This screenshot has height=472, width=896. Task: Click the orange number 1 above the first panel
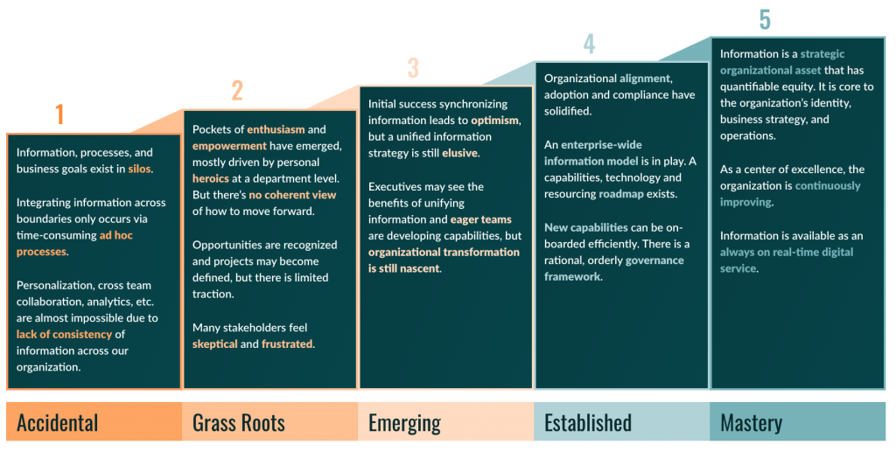pos(59,115)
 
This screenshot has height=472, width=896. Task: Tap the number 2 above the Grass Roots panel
pos(237,90)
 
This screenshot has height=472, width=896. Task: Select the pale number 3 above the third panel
pos(413,68)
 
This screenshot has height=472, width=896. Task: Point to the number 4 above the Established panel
pos(589,44)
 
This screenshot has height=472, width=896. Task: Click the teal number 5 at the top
pos(765,19)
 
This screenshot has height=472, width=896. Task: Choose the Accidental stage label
pos(57,423)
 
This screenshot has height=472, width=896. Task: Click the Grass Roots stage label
pos(238,423)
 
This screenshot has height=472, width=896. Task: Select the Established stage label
pos(588,423)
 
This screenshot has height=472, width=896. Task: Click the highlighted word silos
pos(139,169)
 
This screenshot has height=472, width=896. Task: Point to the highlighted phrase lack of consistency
pos(64,335)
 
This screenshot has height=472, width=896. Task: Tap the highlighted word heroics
pos(210,178)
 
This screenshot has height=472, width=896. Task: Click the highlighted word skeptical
pos(215,344)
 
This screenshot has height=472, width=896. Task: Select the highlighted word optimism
pos(495,121)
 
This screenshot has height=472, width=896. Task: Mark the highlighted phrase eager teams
pos(480,219)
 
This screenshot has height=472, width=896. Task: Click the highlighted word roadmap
pos(621,194)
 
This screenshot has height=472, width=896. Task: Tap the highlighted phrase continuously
pos(828,186)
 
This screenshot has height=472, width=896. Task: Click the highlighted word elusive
pos(459,153)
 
